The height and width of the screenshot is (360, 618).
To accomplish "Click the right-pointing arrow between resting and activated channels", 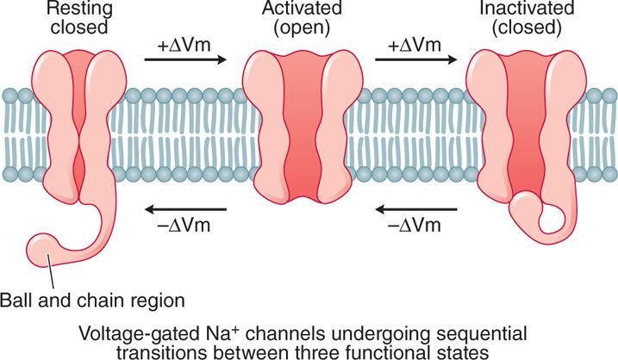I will click(x=184, y=60).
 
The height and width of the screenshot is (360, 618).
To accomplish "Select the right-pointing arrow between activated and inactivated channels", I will click(x=416, y=60).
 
